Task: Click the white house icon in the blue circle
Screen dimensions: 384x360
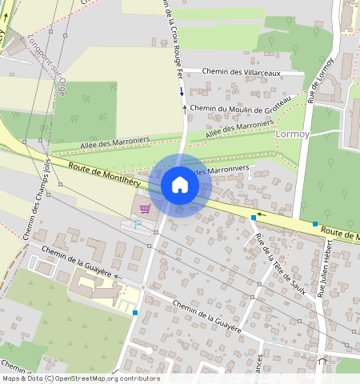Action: pos(180,186)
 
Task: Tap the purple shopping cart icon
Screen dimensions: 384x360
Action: pos(145,208)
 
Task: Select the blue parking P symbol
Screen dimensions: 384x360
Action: pos(136,225)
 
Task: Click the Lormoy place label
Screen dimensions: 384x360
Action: pos(291,134)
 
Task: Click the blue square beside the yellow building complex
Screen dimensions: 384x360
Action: pos(136,312)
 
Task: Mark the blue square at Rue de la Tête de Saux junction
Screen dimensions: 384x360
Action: pos(254,217)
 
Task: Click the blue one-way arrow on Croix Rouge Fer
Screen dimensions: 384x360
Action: pos(181,90)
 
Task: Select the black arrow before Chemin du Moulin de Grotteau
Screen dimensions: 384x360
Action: pos(185,107)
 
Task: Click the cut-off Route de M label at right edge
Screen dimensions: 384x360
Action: pos(340,233)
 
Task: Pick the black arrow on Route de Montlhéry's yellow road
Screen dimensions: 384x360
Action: pos(260,215)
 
